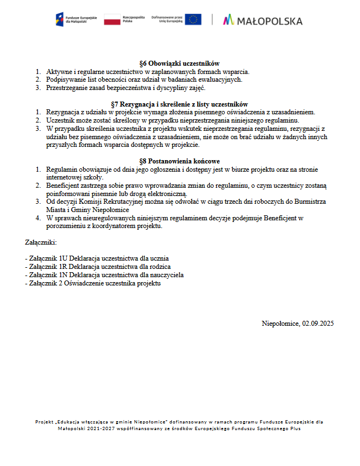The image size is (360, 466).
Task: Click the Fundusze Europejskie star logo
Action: tap(60, 20)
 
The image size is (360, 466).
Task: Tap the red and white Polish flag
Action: tap(112, 20)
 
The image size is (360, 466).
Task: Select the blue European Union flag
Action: tap(193, 19)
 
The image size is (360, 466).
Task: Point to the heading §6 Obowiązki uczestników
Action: tap(179, 63)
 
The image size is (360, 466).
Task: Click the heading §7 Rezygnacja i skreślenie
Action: tap(179, 104)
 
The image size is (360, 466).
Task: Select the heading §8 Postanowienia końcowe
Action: tap(179, 161)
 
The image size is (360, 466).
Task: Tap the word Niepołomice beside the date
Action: tap(280, 323)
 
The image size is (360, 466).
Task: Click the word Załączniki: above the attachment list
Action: tap(41, 242)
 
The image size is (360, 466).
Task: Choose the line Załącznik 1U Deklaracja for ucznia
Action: tap(97, 258)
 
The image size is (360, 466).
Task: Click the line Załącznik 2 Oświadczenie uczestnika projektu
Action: tap(93, 283)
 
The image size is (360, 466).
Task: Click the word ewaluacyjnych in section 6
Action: tap(220, 80)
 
